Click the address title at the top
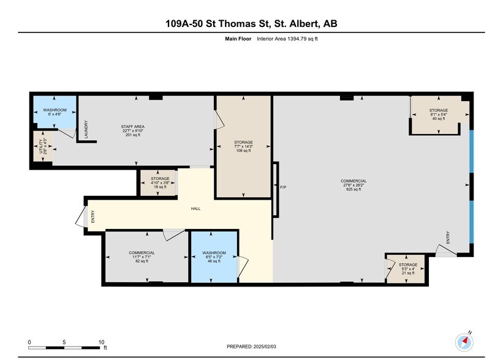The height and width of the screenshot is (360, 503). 251,24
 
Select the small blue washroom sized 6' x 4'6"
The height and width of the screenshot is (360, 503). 54,111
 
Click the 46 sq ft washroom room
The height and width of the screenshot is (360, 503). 214,256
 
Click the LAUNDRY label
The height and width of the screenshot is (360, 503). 86,132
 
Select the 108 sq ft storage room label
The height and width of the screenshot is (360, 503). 243,146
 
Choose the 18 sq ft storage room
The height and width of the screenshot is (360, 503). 156,182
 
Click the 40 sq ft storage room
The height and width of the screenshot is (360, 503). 437,114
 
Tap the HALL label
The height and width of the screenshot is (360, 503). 195,209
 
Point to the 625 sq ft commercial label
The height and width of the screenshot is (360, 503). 354,185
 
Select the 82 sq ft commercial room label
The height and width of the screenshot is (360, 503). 142,256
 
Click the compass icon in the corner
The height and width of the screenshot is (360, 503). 464,340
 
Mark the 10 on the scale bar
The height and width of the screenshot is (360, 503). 101,342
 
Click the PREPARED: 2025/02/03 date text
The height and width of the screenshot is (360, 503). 251,346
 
